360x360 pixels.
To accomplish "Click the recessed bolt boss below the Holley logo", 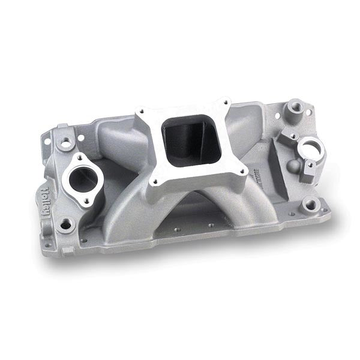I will pyautogui.click(x=65, y=224).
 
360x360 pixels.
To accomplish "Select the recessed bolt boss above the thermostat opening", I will pyautogui.click(x=65, y=143).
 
